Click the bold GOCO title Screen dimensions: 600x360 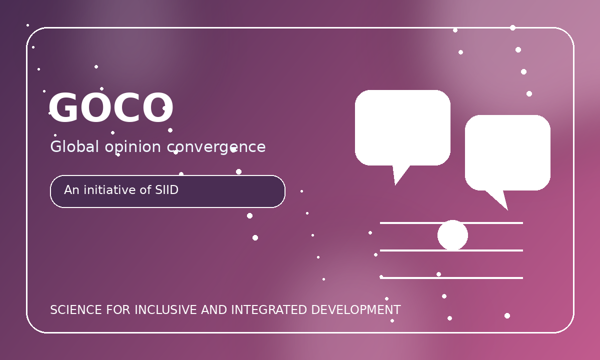[x=111, y=107]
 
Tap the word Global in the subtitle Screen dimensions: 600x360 [x=74, y=147]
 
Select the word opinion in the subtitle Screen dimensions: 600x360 [x=133, y=147]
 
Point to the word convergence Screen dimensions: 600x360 [x=216, y=148]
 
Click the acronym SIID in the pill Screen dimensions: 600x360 [x=166, y=190]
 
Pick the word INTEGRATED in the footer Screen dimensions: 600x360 [x=269, y=310]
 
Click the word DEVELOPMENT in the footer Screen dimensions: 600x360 [x=356, y=310]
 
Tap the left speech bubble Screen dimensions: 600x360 [x=402, y=128]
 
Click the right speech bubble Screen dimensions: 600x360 [x=507, y=152]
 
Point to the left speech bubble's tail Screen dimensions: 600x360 [x=399, y=173]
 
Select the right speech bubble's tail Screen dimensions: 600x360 [x=500, y=199]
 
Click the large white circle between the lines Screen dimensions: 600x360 [x=452, y=235]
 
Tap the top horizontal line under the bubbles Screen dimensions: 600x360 [x=451, y=223]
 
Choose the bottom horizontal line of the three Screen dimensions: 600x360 [x=451, y=278]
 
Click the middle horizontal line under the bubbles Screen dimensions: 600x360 [x=451, y=250]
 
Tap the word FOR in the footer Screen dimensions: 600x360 [x=118, y=310]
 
